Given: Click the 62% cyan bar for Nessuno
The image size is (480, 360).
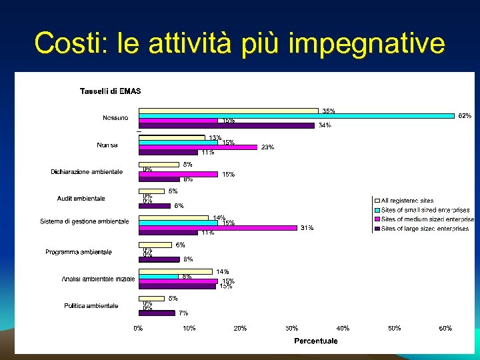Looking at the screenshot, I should pos(296,115).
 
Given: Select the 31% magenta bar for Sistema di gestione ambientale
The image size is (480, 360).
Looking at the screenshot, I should pos(217,227).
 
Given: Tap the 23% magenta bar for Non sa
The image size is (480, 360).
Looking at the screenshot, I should pos(197,147).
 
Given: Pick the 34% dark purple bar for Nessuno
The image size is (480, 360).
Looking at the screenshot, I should pos(226,125).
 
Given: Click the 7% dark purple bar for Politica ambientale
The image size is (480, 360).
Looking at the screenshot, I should pos(157,312).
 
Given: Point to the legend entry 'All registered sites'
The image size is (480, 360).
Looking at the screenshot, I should pos(407,200).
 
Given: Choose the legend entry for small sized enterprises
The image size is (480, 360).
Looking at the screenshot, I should pos(425,209).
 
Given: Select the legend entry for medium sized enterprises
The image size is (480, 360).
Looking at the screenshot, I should pos(427,219).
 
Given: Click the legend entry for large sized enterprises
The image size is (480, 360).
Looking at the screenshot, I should pos(425,228).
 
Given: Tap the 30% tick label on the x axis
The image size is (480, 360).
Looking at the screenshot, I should pos(291,328).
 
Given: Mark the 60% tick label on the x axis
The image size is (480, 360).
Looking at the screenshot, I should pos(445,328).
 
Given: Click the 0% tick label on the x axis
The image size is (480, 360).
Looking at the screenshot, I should pos(138,328).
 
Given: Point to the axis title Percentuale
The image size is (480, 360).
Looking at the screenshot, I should pos(316,341).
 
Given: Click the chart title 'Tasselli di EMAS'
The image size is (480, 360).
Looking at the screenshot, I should pos(110,91).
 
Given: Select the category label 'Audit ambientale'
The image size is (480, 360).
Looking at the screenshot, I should pos(81,198).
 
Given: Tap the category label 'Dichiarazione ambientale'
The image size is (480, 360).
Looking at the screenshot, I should pos(87,171).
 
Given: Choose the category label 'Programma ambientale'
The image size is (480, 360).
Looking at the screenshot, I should pos(79,252).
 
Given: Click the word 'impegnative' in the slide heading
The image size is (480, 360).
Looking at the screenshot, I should pos(367,43).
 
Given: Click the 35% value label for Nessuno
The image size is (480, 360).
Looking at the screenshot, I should pos(329,111).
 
